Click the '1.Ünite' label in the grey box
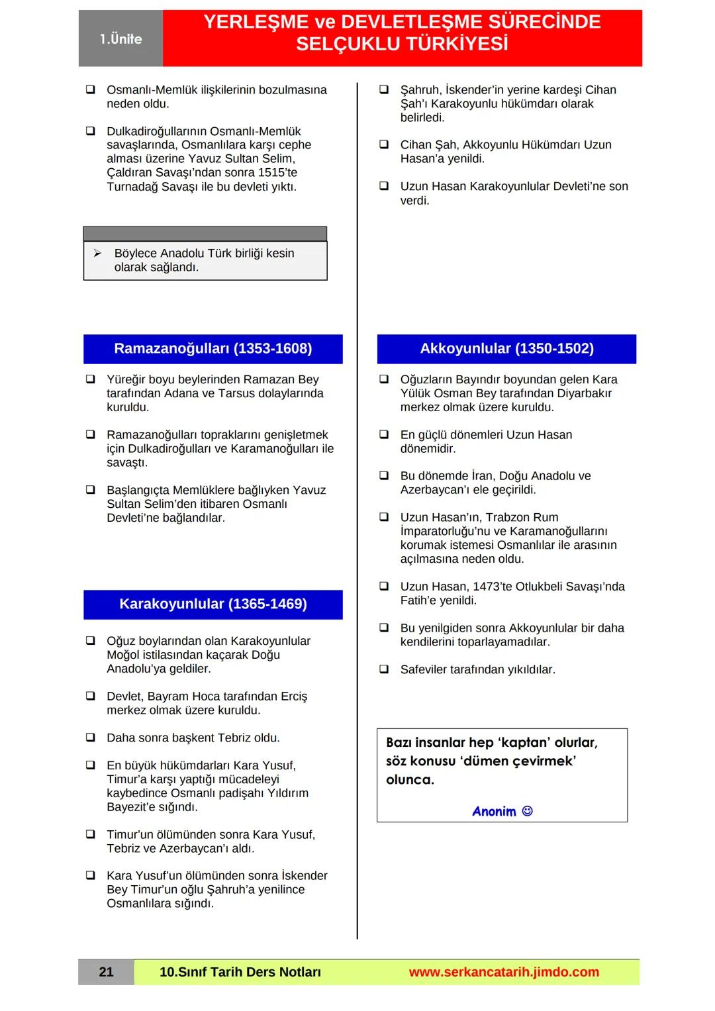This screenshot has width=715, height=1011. point(120,39)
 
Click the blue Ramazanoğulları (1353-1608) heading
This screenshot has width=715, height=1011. point(213,349)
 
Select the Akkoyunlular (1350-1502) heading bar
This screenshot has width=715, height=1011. point(506,349)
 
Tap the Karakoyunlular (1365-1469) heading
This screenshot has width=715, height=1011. point(213,604)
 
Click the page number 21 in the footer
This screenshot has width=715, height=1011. point(106,972)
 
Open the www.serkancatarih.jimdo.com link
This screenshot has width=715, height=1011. point(503,972)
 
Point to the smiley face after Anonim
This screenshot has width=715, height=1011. point(528,811)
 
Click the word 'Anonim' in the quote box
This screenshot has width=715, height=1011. point(494,812)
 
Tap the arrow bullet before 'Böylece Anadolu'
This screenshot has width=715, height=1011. point(97,254)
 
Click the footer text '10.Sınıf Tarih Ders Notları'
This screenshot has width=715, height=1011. point(240,972)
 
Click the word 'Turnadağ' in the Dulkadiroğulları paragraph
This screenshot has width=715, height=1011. point(132,187)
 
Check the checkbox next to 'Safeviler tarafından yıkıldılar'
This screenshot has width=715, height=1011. point(384,669)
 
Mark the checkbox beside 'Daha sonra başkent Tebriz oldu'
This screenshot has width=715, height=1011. point(91,738)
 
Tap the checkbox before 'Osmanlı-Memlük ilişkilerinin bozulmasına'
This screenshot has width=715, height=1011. point(91,89)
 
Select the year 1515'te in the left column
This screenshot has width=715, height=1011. point(277,173)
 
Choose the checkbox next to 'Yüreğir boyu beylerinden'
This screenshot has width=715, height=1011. point(91,379)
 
